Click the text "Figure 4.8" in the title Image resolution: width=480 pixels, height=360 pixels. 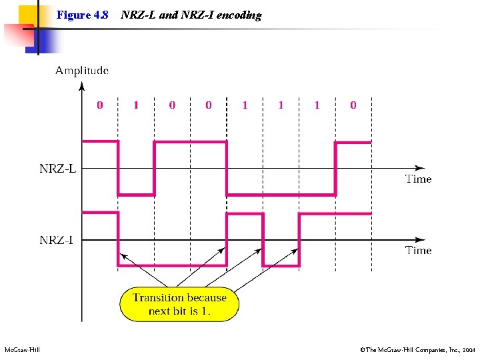pyautogui.click(x=82, y=15)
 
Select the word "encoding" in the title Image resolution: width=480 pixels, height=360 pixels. pyautogui.click(x=239, y=15)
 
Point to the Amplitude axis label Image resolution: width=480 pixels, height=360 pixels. pyautogui.click(x=81, y=70)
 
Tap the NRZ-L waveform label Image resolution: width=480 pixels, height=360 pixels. pyautogui.click(x=57, y=169)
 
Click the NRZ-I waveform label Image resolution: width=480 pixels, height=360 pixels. pyautogui.click(x=57, y=240)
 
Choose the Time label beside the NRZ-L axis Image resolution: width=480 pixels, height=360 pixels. pyautogui.click(x=419, y=179)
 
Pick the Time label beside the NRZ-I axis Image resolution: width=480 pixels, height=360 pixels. pyautogui.click(x=419, y=251)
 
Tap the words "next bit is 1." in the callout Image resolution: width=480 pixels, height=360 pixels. pyautogui.click(x=179, y=311)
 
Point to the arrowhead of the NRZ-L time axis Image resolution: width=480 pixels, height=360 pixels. pyautogui.click(x=420, y=168)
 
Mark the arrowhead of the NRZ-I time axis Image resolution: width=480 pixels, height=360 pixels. pyautogui.click(x=420, y=239)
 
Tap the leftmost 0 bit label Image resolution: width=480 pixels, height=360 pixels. pyautogui.click(x=100, y=105)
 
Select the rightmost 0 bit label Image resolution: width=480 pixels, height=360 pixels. pyautogui.click(x=353, y=105)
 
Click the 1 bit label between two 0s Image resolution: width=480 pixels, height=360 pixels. pyautogui.click(x=136, y=105)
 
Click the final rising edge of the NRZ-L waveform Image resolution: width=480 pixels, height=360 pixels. pyautogui.click(x=335, y=168)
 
